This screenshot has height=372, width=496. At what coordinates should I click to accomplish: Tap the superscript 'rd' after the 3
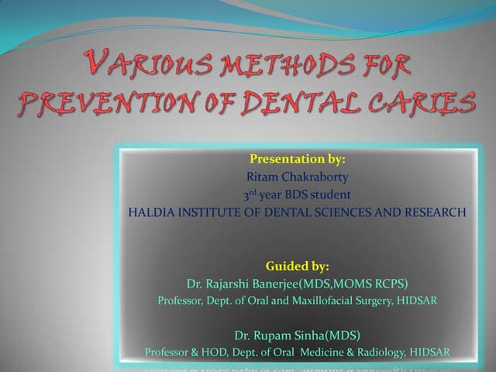coord(254,191)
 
